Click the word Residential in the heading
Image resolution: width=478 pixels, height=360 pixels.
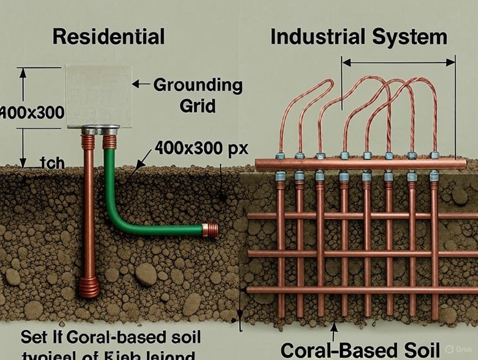pyautogui.click(x=108, y=37)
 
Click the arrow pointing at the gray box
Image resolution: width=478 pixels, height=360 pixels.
pyautogui.click(x=141, y=84)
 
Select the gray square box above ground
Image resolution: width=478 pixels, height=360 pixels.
pyautogui.click(x=98, y=96)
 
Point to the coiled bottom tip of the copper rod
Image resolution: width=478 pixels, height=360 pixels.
pyautogui.click(x=89, y=288)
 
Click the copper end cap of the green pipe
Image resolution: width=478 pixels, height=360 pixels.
pyautogui.click(x=210, y=230)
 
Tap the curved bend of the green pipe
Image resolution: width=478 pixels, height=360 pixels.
pyautogui.click(x=116, y=221)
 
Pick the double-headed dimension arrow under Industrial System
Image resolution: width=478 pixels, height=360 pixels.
pyautogui.click(x=398, y=63)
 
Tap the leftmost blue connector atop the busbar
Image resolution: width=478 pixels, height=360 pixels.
pyautogui.click(x=280, y=156)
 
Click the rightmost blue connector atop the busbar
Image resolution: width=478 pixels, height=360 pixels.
pyautogui.click(x=435, y=155)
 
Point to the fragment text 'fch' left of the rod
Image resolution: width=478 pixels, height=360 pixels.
pyautogui.click(x=52, y=164)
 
